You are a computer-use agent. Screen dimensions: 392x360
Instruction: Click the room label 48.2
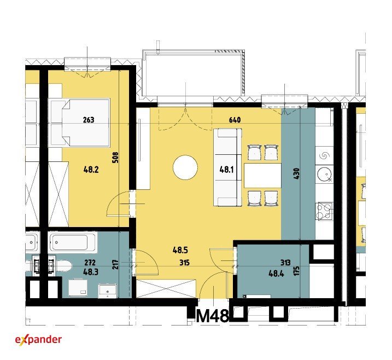(x=91, y=170)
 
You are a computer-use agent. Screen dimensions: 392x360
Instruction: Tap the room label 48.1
(x=226, y=170)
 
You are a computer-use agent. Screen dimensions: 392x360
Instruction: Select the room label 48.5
(x=180, y=250)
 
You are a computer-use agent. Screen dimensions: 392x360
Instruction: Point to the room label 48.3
(x=91, y=272)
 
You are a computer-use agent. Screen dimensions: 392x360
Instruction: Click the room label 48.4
(x=276, y=274)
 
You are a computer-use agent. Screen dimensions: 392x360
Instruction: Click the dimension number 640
(x=235, y=120)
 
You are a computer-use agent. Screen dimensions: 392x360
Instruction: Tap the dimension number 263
(x=89, y=120)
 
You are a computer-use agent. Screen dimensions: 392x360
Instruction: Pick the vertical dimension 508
(x=115, y=158)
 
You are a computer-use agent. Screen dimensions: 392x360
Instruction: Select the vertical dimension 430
(x=296, y=173)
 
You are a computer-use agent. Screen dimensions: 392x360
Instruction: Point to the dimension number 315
(x=184, y=263)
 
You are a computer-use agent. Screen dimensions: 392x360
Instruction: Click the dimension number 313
(x=285, y=263)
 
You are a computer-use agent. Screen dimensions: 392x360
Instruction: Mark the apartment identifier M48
(x=213, y=316)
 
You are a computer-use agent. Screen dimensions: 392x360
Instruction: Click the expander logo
(x=38, y=340)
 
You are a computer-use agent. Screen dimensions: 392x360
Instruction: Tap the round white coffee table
(x=185, y=167)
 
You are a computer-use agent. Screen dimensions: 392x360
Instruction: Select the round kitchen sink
(x=325, y=174)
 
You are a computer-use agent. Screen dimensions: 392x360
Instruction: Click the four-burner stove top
(x=324, y=211)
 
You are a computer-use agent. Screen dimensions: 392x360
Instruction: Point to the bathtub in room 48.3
(x=73, y=242)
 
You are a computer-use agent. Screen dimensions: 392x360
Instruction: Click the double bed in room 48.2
(x=80, y=123)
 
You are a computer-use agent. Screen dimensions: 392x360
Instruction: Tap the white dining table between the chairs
(x=262, y=176)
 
